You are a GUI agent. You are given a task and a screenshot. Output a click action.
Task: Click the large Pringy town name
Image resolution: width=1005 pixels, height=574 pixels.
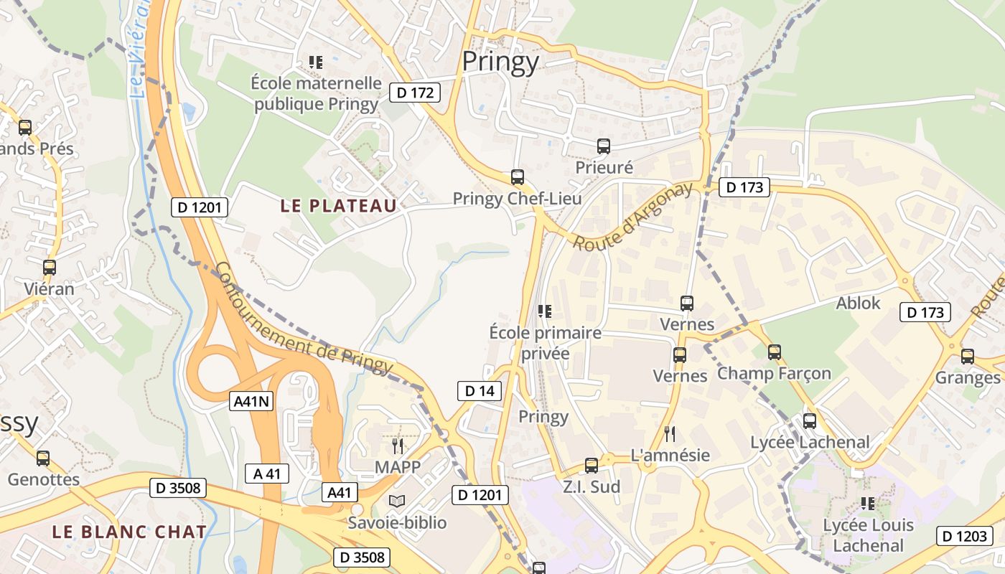[x=500, y=62]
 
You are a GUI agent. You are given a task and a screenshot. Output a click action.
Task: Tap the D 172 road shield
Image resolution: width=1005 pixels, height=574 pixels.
[x=415, y=92]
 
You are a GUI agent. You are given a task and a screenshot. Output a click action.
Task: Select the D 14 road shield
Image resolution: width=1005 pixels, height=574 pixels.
[x=480, y=391]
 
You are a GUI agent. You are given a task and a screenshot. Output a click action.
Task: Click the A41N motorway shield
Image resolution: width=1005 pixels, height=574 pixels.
[x=253, y=401]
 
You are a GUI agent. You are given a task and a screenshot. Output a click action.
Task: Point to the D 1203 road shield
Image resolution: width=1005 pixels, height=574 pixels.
[x=964, y=536]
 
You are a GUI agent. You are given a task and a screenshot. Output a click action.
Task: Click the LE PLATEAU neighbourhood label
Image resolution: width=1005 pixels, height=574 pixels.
[x=338, y=206]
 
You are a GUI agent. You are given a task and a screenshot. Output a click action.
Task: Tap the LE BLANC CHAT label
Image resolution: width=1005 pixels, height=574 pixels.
[x=129, y=532]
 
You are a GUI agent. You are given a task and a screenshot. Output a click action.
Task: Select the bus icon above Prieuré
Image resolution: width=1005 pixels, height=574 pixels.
[x=604, y=146]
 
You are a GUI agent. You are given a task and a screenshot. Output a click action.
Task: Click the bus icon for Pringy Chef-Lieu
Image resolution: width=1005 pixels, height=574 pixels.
[x=517, y=177]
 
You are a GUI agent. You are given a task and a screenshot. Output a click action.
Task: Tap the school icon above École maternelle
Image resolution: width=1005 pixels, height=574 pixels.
[x=315, y=62]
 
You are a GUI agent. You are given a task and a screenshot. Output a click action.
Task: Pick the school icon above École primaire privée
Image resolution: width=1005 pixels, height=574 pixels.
[x=545, y=311]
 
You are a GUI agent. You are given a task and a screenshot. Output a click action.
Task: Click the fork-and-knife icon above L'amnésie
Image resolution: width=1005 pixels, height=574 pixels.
[x=670, y=433]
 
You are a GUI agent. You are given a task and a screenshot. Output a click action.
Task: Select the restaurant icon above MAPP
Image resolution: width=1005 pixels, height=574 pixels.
[x=397, y=446]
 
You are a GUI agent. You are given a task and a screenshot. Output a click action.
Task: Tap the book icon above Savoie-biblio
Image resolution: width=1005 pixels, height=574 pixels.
[x=397, y=501]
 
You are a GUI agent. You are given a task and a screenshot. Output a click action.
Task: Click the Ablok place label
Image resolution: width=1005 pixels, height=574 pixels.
[x=858, y=303]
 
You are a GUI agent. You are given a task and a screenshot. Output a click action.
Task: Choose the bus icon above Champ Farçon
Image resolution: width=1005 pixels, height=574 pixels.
[x=774, y=352]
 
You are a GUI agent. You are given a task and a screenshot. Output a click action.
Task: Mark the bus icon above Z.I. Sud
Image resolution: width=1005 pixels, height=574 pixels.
[x=591, y=466]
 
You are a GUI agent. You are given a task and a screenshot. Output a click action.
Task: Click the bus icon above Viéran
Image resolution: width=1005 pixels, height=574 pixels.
[x=49, y=268]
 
